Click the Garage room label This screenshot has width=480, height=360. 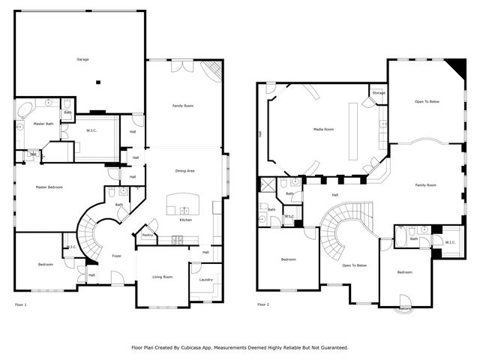point(82,59)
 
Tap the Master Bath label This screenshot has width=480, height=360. point(44,124)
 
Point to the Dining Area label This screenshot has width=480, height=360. point(184,171)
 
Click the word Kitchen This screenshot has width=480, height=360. point(186,220)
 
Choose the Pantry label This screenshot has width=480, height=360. point(147,235)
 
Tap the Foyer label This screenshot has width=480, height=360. point(117,256)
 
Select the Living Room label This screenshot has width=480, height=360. point(162,277)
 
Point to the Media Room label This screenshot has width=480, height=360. point(323,129)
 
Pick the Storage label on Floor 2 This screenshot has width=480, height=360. point(378,93)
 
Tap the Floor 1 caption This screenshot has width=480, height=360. point(20,304)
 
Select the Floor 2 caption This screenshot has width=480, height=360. point(262,304)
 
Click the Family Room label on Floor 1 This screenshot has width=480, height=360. point(183,106)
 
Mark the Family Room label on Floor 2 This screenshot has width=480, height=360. point(427,184)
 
